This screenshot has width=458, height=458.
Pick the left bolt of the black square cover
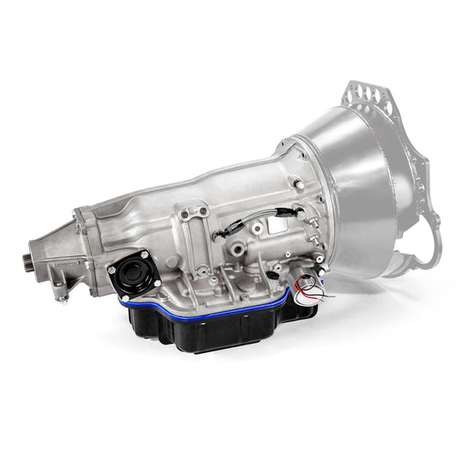112,270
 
